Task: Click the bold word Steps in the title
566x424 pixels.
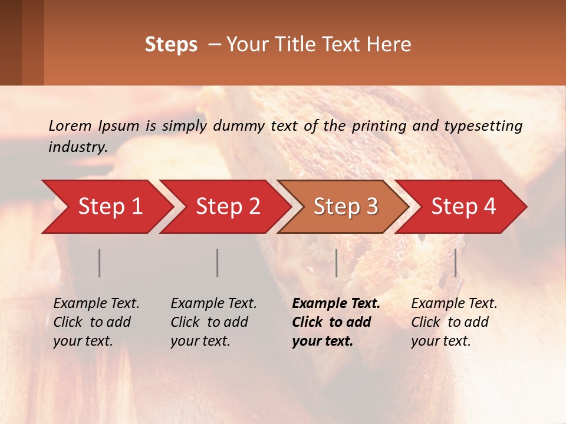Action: click(x=171, y=45)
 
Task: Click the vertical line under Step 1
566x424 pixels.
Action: click(x=100, y=263)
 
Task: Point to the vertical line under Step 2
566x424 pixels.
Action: click(x=218, y=263)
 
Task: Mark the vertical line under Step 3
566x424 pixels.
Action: click(x=337, y=263)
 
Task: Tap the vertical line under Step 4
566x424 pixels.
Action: click(x=456, y=263)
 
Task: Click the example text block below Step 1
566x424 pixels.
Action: click(x=96, y=322)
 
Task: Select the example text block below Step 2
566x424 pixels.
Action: click(x=213, y=322)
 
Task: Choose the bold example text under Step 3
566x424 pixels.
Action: click(x=336, y=322)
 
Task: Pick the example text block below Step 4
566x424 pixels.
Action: click(x=454, y=322)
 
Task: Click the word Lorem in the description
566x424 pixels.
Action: click(x=70, y=125)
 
